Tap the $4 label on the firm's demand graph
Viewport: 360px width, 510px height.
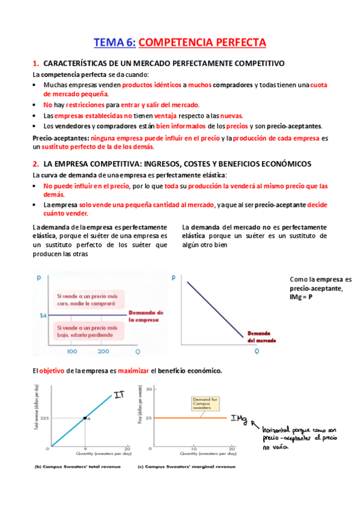pyautogui.click(x=43, y=315)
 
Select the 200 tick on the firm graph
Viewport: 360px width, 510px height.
pyautogui.click(x=103, y=351)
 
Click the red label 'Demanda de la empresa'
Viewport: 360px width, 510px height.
pyautogui.click(x=146, y=317)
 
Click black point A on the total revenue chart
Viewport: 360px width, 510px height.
pyautogui.click(x=85, y=417)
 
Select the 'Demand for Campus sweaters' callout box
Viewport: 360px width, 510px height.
pyautogui.click(x=204, y=402)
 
